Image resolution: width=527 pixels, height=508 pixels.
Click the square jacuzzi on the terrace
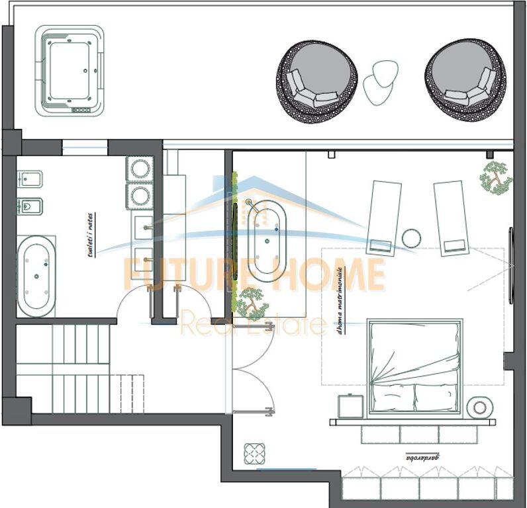coord(70,71)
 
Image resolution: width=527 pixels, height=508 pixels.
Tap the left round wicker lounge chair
coord(318,82)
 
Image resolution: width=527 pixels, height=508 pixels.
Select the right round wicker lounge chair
coord(468,81)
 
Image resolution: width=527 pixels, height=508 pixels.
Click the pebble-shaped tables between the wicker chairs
coord(380,81)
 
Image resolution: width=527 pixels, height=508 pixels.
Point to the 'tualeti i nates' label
coord(90,235)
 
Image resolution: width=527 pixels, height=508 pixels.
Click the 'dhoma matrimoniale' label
coord(342,300)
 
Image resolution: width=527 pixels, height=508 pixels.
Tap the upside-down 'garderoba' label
coord(423,456)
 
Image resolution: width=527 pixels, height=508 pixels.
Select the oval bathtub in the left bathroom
coord(36,276)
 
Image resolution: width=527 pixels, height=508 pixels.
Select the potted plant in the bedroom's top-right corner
coord(495,177)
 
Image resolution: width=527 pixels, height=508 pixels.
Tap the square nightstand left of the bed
coord(350,406)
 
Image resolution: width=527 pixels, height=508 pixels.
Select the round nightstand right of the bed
coord(479,407)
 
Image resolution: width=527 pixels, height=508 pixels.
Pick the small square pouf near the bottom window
coord(254,454)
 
